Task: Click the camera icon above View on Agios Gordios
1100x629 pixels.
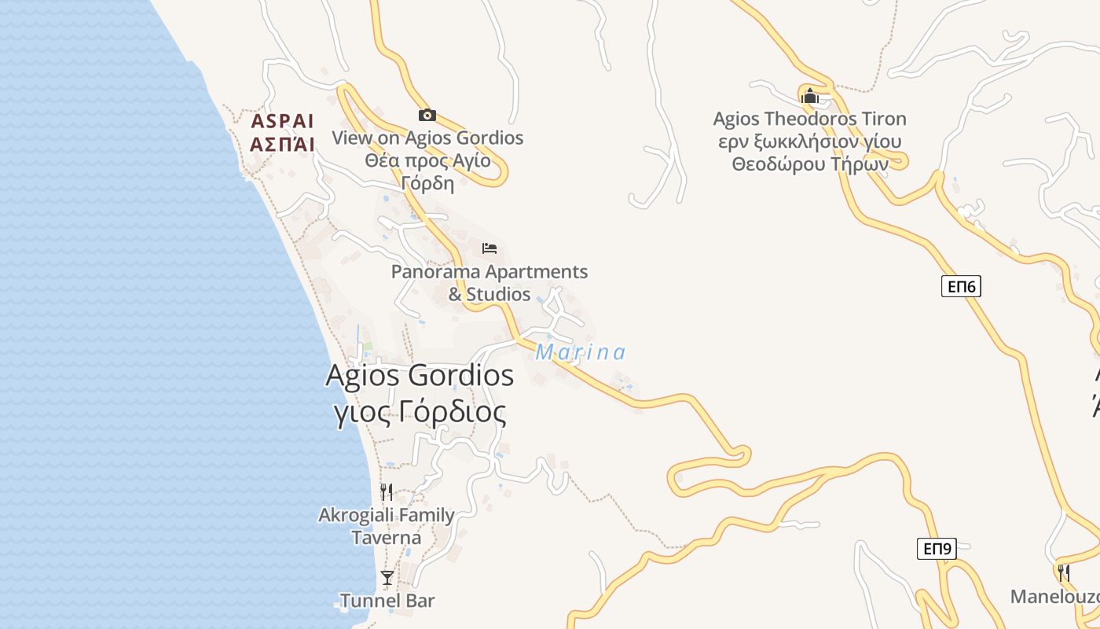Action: [427, 116]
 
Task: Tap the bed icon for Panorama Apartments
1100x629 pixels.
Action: [489, 248]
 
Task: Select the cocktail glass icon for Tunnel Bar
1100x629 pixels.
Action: [387, 578]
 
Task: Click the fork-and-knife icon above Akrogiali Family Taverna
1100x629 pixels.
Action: [387, 492]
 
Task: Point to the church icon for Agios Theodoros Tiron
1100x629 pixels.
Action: [809, 96]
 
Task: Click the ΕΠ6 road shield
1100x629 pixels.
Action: [961, 286]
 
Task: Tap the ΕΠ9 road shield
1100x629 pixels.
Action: [937, 549]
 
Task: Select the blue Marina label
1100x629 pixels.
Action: [581, 352]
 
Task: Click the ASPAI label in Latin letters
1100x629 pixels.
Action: [282, 122]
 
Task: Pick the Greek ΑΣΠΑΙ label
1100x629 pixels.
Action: [282, 144]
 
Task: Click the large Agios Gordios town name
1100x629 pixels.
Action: [420, 376]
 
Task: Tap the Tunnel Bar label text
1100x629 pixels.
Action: [387, 601]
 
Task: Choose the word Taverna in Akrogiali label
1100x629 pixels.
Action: [386, 538]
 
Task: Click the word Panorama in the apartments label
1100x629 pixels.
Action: [438, 272]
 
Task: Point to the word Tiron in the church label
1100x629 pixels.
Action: [884, 119]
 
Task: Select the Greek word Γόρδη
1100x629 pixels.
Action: [427, 183]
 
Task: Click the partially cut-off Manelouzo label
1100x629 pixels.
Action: [1054, 597]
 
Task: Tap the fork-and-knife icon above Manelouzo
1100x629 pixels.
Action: [1063, 572]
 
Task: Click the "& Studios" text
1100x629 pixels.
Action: [489, 295]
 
